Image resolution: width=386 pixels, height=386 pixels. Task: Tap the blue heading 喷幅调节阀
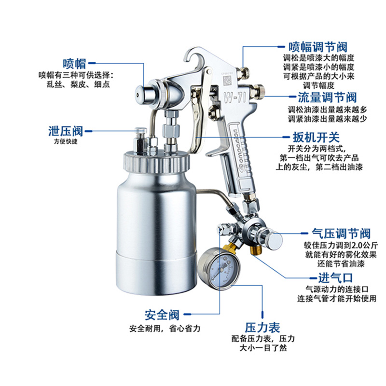(x=317, y=47)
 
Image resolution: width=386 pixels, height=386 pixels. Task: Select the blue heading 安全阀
(x=162, y=315)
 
